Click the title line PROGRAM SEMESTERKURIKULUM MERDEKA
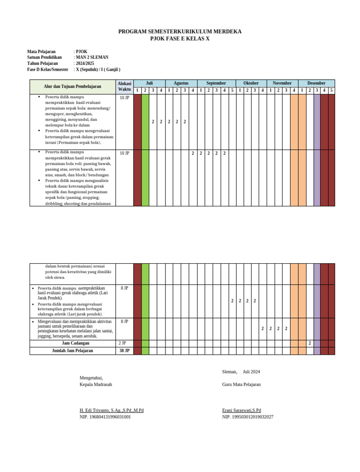180,32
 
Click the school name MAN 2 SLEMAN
92,57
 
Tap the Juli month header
149,83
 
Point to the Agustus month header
180,83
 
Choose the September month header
216,83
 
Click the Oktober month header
251,83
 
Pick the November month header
282,83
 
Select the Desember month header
316,83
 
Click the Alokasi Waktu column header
124,86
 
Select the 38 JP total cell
124,350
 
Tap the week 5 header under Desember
331,90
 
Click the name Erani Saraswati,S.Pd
241,411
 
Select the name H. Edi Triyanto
112,411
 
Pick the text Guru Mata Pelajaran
241,384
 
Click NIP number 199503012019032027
247,417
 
